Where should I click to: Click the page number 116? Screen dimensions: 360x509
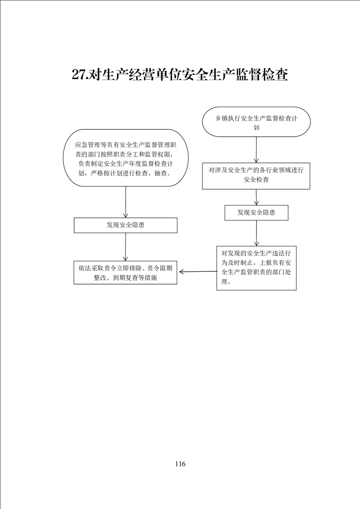point(180,464)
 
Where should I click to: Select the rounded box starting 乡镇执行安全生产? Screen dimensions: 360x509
point(256,122)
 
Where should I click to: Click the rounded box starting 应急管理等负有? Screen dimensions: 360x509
point(125,158)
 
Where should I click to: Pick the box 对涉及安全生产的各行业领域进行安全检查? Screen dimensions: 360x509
point(256,176)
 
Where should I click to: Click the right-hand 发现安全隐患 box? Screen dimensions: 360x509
point(256,213)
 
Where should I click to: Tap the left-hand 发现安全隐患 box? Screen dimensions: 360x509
point(125,225)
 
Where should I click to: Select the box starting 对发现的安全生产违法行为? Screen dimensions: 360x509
point(256,268)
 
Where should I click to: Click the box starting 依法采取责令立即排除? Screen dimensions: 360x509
point(125,272)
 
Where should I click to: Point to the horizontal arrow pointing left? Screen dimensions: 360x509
point(198,272)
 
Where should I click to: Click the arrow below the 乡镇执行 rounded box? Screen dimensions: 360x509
point(256,150)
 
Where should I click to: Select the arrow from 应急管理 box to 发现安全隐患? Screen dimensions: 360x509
point(125,202)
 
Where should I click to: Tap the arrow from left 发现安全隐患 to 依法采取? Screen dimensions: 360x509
point(125,247)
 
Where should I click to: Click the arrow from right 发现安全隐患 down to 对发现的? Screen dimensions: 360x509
point(256,233)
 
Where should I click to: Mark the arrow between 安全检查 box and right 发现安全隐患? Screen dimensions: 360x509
point(256,197)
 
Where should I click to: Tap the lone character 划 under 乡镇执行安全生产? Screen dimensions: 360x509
point(256,127)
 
